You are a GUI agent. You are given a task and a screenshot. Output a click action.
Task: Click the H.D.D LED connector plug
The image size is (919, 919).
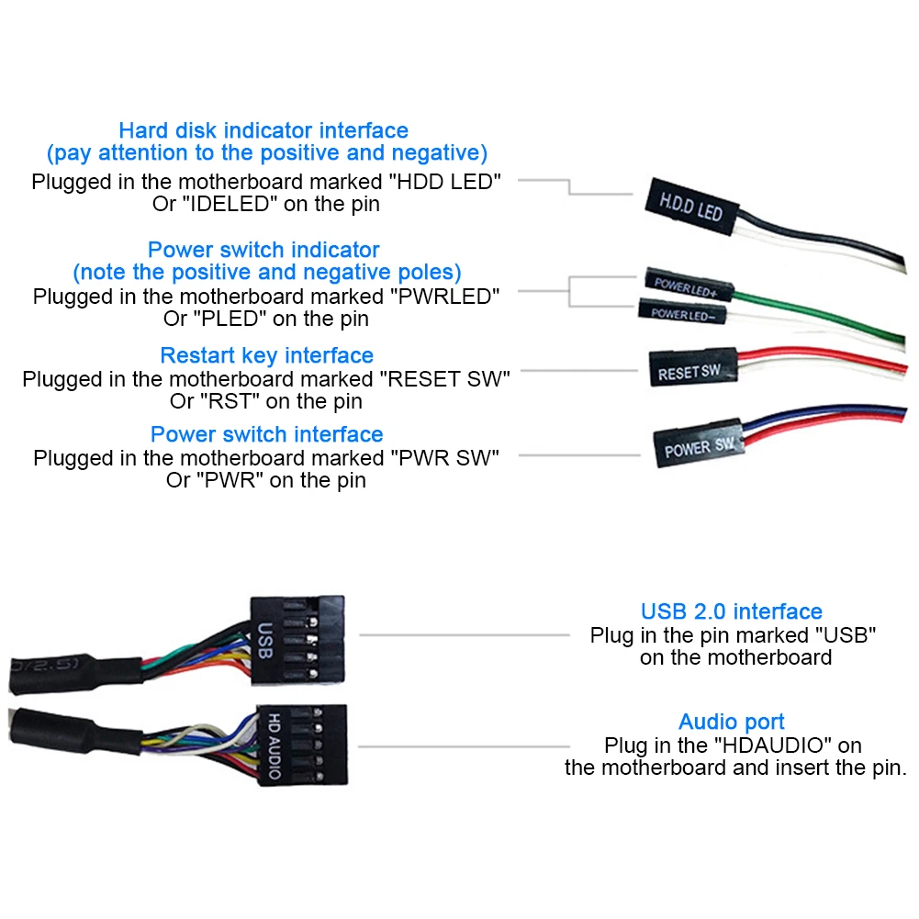[691, 207]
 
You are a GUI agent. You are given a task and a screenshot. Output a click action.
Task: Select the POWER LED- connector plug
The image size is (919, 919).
[682, 312]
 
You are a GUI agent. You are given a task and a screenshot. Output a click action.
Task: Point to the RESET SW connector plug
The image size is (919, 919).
[693, 367]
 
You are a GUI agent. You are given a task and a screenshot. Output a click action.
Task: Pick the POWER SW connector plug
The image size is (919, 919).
[699, 444]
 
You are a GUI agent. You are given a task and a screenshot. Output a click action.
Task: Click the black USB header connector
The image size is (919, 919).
[297, 640]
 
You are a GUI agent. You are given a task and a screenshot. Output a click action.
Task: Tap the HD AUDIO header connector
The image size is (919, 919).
[302, 745]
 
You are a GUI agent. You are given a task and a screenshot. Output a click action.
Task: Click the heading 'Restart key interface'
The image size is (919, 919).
[266, 355]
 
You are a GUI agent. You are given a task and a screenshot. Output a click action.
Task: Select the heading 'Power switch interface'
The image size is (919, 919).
[266, 434]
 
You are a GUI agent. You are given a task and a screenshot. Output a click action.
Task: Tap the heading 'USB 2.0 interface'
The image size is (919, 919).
[732, 611]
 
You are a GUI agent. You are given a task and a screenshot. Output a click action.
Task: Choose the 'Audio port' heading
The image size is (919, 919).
[732, 722]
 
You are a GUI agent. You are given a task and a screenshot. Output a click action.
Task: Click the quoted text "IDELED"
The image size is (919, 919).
[230, 204]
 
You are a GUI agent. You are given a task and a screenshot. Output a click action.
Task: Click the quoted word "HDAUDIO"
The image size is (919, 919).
[774, 745]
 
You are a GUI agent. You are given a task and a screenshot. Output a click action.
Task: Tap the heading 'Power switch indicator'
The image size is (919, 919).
[263, 250]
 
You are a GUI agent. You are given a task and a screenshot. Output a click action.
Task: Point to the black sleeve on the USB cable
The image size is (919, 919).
[75, 673]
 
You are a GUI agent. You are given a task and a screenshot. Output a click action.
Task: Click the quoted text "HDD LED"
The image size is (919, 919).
[445, 182]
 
